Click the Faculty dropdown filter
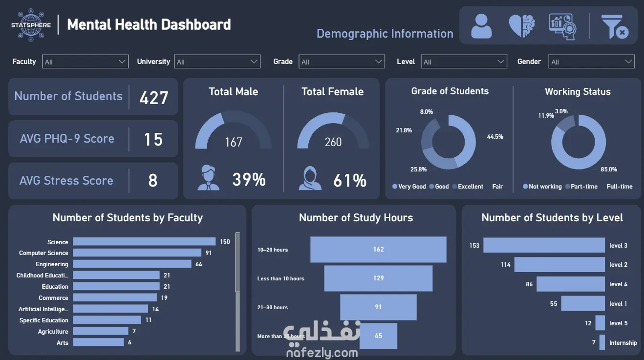click(86, 62)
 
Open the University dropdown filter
click(217, 62)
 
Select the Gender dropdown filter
click(591, 62)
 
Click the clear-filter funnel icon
click(614, 26)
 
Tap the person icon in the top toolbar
click(481, 26)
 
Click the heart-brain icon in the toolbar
click(522, 26)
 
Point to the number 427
click(154, 98)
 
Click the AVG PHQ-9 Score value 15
click(153, 140)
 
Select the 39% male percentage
click(249, 180)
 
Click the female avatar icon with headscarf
click(310, 178)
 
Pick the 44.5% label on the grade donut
click(494, 137)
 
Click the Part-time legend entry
click(584, 187)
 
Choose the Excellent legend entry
click(470, 187)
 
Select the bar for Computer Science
click(137, 253)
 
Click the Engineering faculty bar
click(132, 264)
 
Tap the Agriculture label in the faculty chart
click(53, 332)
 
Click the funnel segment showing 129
click(378, 278)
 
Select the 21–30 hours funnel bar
click(378, 307)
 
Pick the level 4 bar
click(570, 284)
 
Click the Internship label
click(623, 343)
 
